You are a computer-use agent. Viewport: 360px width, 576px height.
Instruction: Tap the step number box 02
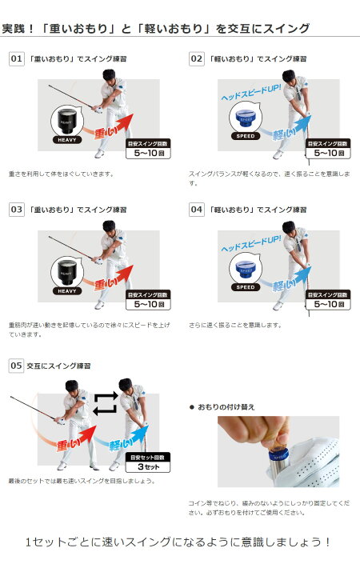(x=196, y=58)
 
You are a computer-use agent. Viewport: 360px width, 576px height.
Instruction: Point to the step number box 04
(x=196, y=209)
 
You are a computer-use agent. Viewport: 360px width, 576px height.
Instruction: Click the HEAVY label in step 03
(x=67, y=290)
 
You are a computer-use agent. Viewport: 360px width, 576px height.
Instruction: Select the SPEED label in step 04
(x=246, y=286)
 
